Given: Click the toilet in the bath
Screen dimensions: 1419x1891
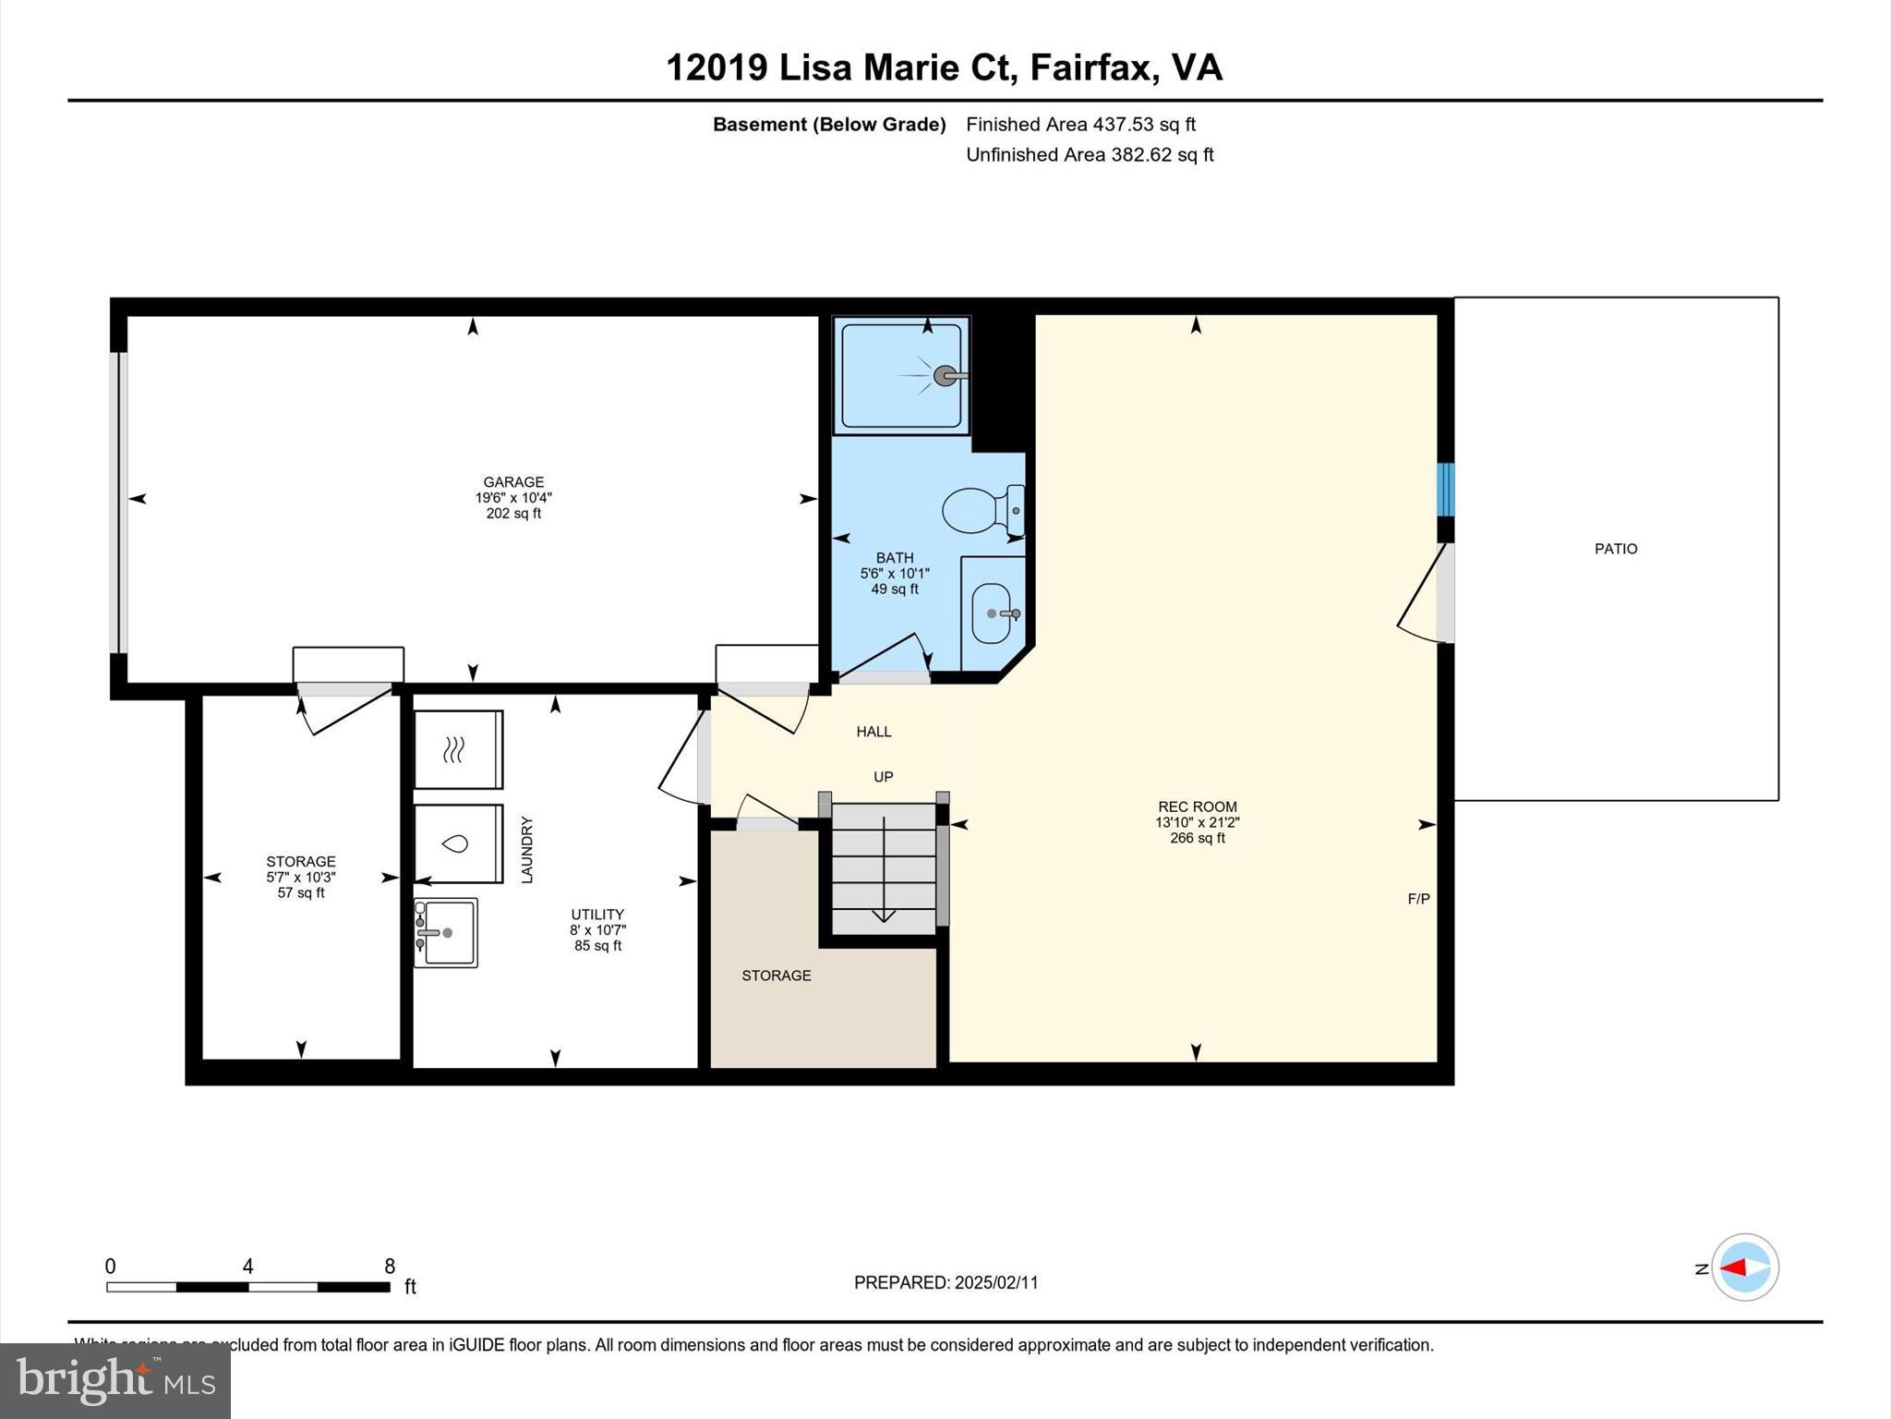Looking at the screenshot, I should pos(979,510).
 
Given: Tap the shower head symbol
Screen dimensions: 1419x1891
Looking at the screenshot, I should pos(945,376).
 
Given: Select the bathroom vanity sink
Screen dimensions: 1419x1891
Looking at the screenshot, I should pos(993,613).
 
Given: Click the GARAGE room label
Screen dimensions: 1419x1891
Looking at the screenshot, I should pos(513,482).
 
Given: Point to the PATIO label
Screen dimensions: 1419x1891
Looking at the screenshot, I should pos(1616,549).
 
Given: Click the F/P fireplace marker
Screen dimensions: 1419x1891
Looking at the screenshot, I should pos(1418,899).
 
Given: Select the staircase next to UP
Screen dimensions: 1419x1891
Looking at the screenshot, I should pos(884,868).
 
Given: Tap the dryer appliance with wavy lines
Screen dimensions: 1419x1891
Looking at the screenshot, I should pos(457,749).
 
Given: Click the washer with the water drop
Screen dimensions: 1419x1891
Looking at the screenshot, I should pos(457,843).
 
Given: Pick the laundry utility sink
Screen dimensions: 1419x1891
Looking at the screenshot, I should pos(447,933).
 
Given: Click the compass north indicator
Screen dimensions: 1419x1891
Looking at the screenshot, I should pos(1743,1267).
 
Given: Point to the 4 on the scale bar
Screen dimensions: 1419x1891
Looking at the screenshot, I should pos(247,1267).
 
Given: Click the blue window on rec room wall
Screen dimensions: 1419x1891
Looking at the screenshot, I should pos(1445,490).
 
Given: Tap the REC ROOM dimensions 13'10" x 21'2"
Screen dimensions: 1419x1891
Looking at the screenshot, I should pos(1197,822).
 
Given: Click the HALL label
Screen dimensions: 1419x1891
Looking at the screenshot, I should pos(873,732).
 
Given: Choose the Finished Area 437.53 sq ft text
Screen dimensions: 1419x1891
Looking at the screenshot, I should pos(1080,125).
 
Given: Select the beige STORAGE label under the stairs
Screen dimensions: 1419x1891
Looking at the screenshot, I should pos(777,976).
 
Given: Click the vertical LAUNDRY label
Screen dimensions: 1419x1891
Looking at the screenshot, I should pos(527,849).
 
